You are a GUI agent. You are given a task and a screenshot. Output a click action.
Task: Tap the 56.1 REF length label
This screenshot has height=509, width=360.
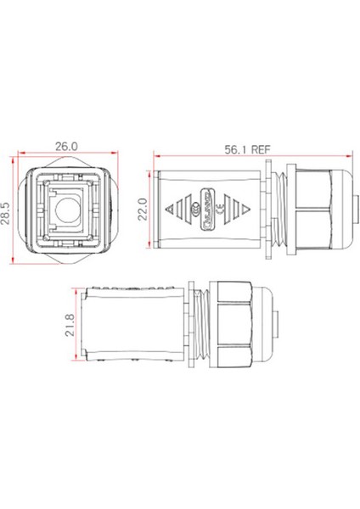[249, 147]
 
